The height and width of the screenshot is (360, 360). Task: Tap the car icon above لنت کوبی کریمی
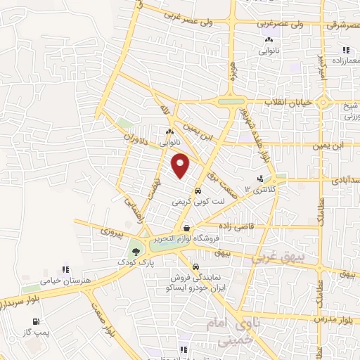pos(198,191)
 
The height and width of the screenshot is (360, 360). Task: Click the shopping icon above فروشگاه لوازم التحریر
pos(186,227)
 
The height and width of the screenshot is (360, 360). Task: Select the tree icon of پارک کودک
pos(135,252)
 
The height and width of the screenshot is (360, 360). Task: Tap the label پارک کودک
pos(136,262)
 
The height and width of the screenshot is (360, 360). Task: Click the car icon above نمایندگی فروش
pos(195,267)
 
